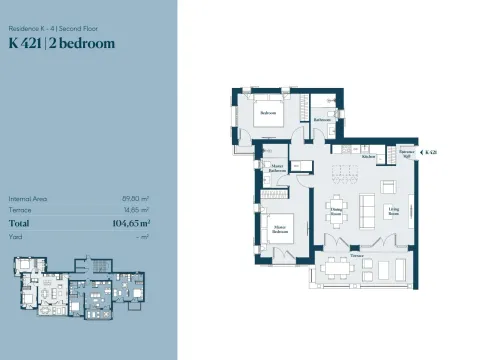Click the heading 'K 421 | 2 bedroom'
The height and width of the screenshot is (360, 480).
61,43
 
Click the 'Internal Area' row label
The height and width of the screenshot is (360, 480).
27,199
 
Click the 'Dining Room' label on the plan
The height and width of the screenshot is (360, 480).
336,212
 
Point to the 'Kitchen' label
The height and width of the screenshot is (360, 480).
367,157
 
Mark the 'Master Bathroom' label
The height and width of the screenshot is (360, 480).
277,169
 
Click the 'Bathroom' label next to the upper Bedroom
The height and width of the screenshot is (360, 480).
322,119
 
